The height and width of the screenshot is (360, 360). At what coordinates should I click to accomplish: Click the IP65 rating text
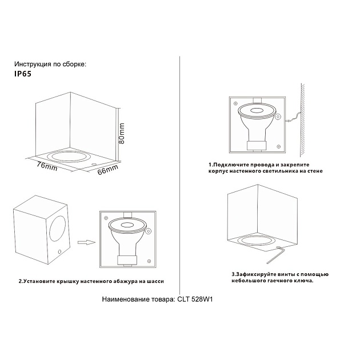click(23, 74)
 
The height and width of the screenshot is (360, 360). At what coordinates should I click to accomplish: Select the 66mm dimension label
click(107, 169)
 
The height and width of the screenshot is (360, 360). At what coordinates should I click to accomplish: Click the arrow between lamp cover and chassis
click(85, 242)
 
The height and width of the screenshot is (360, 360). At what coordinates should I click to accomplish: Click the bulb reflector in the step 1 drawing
click(256, 111)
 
